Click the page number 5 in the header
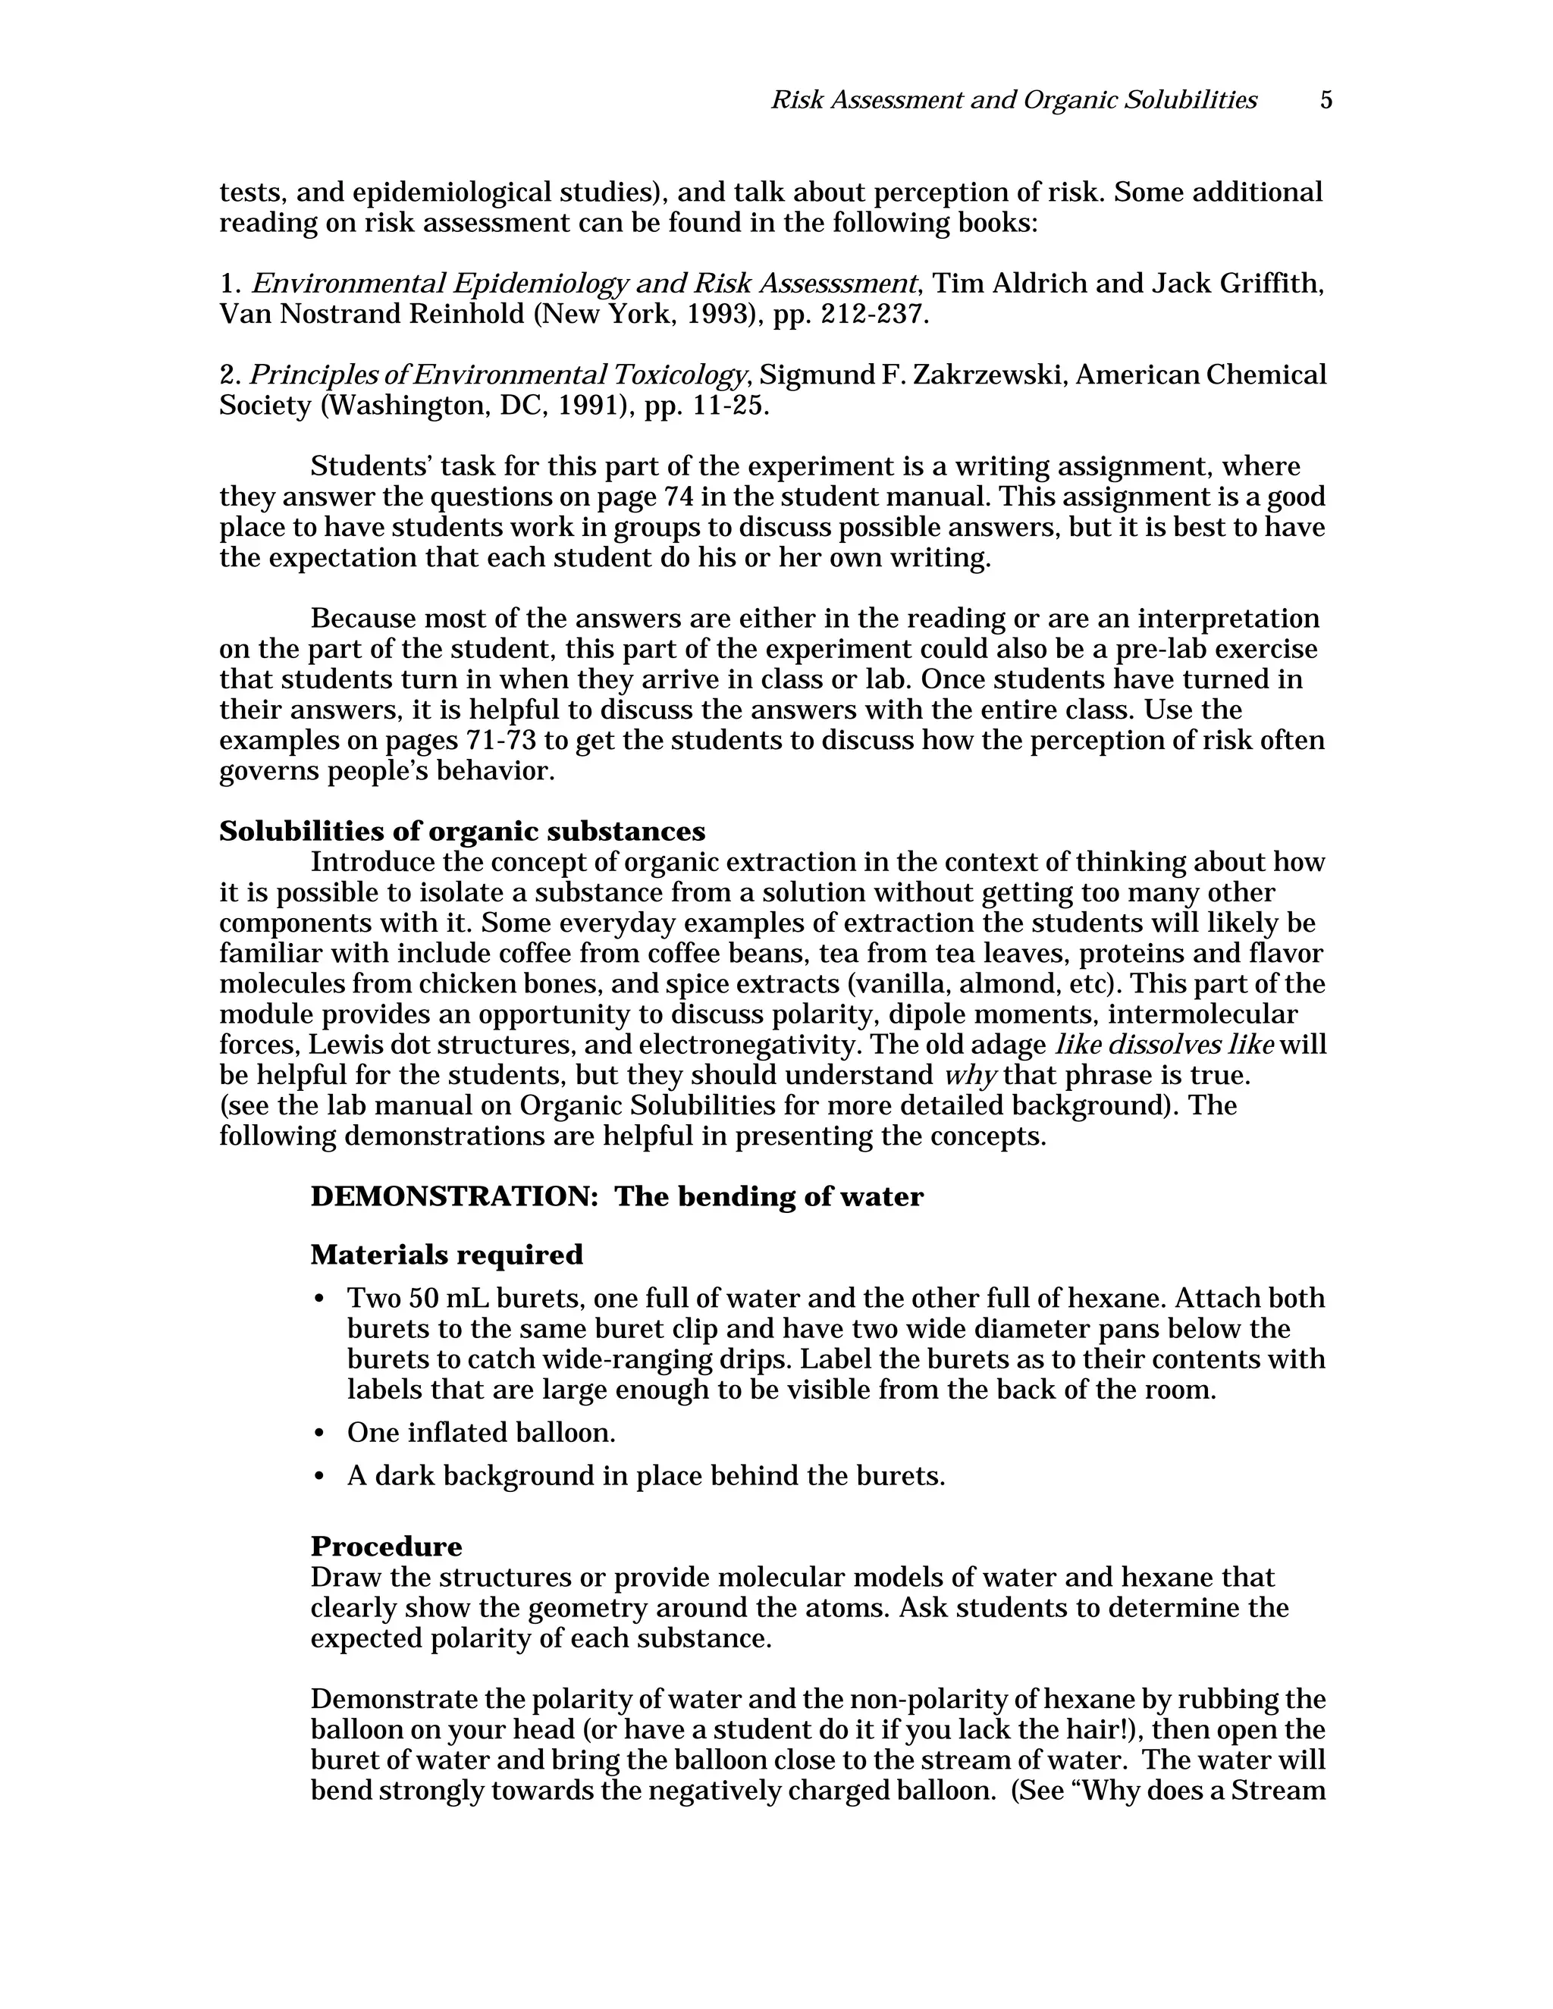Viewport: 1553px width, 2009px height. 1326,100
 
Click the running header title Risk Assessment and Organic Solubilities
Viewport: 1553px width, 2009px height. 1013,100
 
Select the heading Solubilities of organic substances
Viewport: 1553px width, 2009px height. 462,832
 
